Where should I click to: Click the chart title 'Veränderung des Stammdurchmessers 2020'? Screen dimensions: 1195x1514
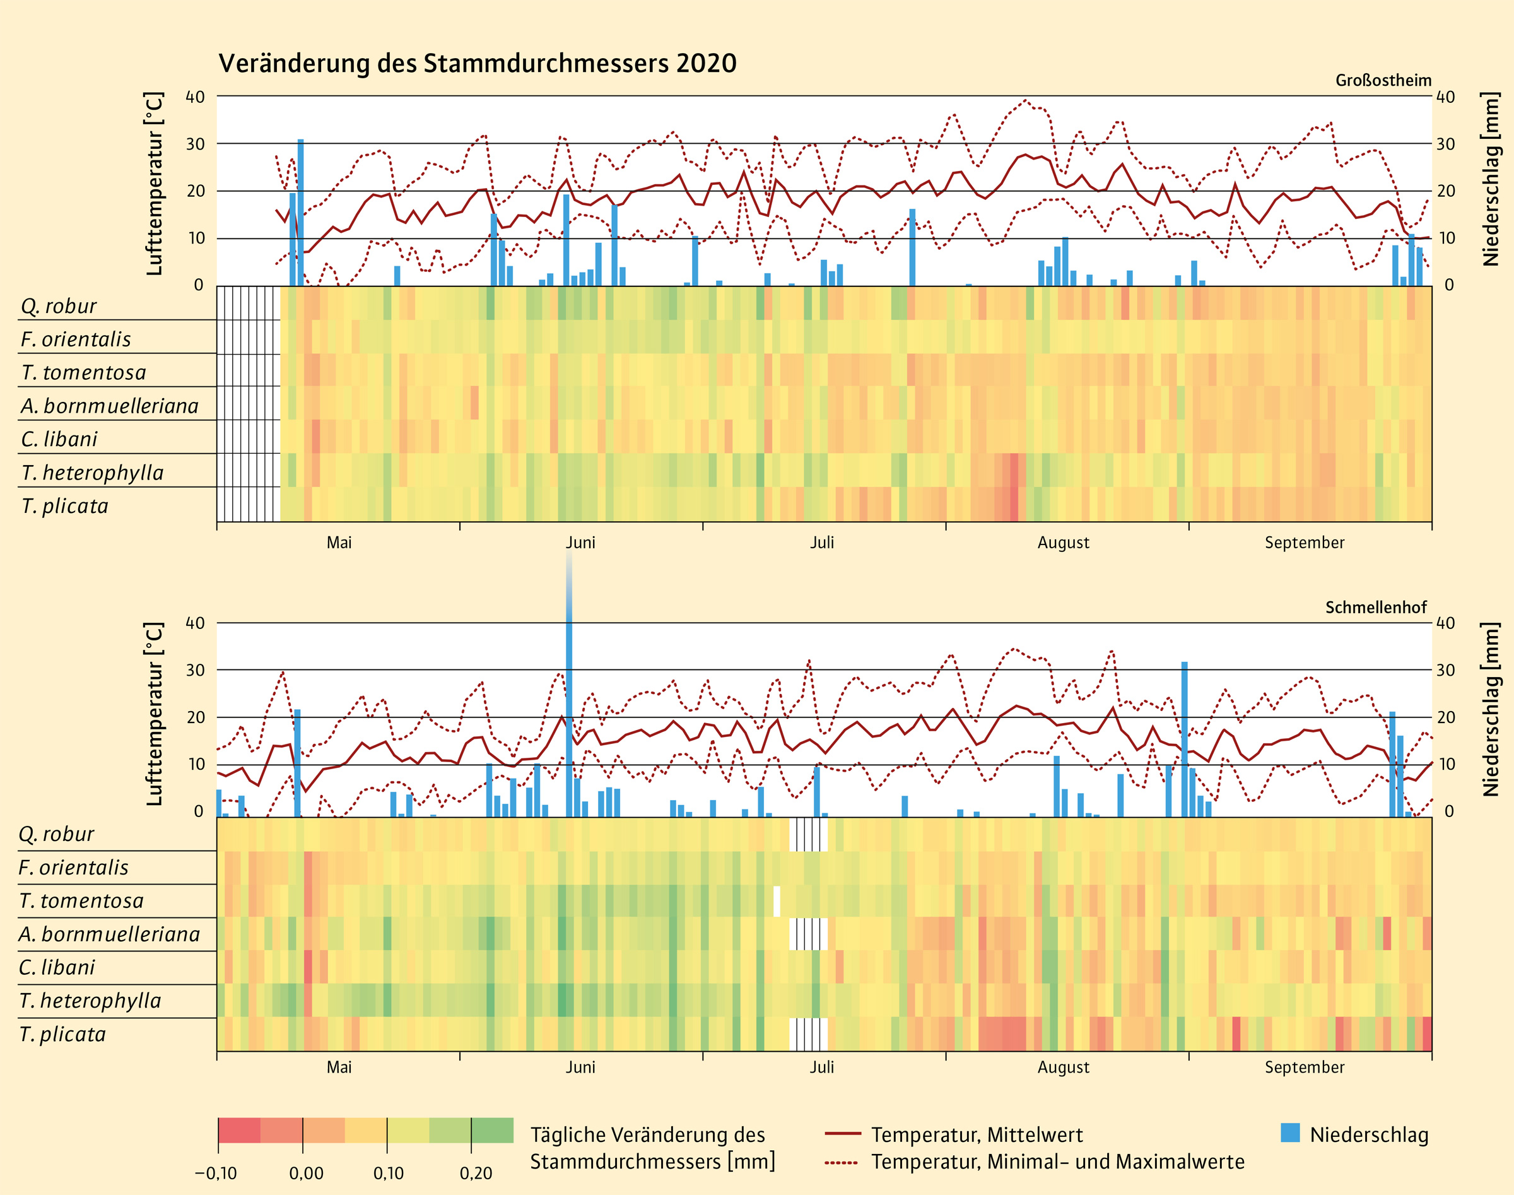[x=477, y=64]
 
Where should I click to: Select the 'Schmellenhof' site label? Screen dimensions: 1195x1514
[x=1375, y=608]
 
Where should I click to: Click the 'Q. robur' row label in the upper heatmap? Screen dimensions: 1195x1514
[x=59, y=307]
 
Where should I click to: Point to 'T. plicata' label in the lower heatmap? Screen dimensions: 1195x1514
[x=62, y=1034]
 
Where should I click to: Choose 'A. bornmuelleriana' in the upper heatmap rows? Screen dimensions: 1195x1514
[x=110, y=406]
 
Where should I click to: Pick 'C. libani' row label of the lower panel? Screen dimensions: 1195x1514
[x=57, y=968]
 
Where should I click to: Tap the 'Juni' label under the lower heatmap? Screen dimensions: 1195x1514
[x=580, y=1068]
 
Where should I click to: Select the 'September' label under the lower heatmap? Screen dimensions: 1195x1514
[x=1304, y=1068]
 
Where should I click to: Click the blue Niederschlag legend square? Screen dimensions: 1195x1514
[x=1290, y=1133]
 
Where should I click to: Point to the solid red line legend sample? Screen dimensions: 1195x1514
[x=842, y=1133]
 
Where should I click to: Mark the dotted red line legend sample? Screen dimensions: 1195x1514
[x=842, y=1163]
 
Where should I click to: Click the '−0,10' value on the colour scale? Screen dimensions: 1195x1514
[x=216, y=1174]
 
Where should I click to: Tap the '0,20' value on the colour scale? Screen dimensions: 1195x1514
[x=476, y=1174]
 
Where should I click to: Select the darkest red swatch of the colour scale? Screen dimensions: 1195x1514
[x=239, y=1131]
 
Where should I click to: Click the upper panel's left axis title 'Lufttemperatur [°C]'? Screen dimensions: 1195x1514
[x=155, y=184]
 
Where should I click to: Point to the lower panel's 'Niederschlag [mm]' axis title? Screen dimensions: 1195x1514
[x=1490, y=709]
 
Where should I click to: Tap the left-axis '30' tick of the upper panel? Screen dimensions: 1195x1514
[x=195, y=144]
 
